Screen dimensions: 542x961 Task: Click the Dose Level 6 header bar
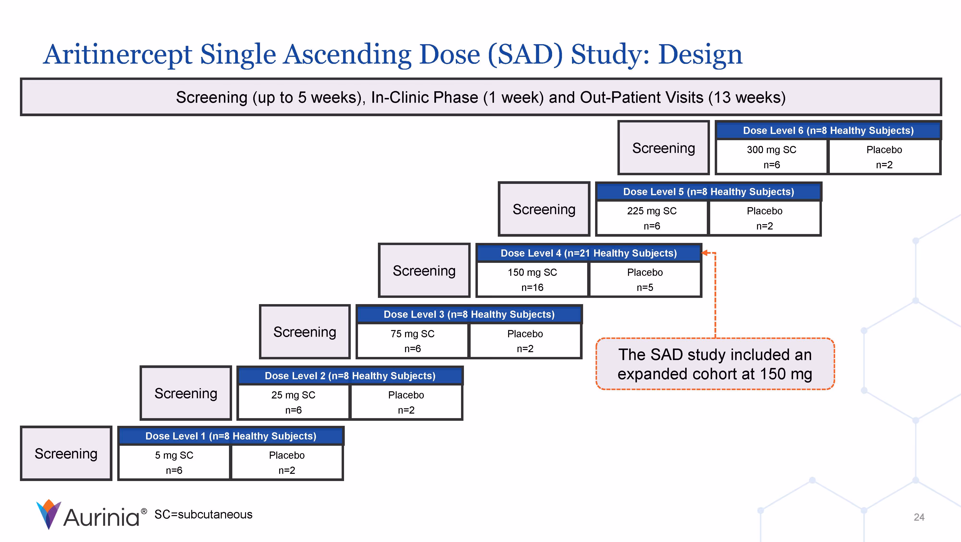[x=828, y=131]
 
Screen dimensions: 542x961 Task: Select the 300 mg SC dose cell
[x=771, y=157]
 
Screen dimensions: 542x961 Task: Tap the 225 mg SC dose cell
[x=652, y=218]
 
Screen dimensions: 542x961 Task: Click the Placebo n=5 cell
[x=645, y=280]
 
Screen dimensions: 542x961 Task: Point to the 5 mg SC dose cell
[x=174, y=463]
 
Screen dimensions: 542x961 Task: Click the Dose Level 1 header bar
[x=231, y=436]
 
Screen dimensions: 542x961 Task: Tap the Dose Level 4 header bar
[x=588, y=253]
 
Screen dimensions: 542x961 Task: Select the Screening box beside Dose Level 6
[x=663, y=148]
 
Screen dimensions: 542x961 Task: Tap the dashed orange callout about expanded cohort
[x=715, y=364]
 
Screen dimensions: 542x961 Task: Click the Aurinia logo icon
[x=49, y=514]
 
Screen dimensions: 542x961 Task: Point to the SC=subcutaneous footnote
[x=203, y=514]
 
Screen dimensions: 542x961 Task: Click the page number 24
[x=919, y=517]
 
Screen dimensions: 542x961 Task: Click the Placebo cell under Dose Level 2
[x=406, y=402]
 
